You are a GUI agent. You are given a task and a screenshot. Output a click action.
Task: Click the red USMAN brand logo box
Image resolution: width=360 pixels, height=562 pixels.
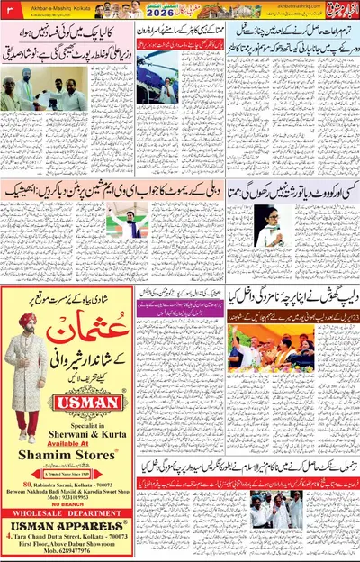coord(90,395)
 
